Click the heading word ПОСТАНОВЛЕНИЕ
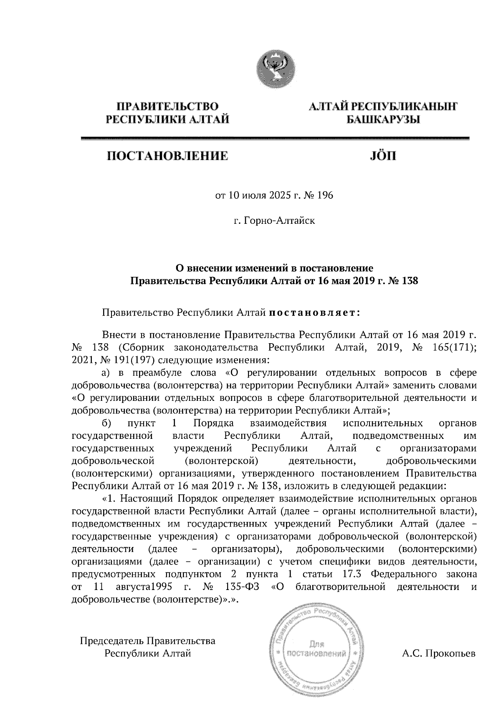168,157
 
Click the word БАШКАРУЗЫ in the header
383,120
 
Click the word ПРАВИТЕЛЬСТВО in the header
168,106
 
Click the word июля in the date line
252,195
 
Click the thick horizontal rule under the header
275,139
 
